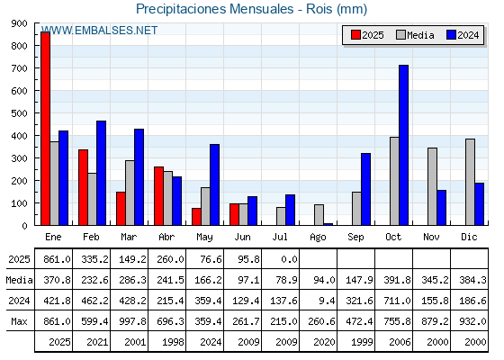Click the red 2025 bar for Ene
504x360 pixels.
[x=45, y=128]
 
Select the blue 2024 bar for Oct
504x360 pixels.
[x=404, y=145]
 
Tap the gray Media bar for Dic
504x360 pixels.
[x=470, y=182]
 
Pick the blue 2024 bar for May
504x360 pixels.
[x=215, y=184]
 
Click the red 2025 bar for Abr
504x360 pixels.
[x=158, y=196]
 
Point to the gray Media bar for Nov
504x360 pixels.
[x=432, y=186]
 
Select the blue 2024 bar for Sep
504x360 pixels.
[x=365, y=189]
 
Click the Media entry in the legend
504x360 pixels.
[x=415, y=35]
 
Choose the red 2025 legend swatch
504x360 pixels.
[x=355, y=35]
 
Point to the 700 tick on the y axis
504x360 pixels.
[x=19, y=68]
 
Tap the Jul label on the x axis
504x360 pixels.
[x=280, y=237]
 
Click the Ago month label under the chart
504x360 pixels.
[x=318, y=238]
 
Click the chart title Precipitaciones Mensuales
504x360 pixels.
[x=215, y=9]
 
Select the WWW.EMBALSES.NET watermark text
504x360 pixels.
[x=99, y=31]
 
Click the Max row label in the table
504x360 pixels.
[x=19, y=321]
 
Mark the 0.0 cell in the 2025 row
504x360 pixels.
[x=289, y=259]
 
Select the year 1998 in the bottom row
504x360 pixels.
[x=173, y=342]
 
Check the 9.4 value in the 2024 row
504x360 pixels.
[x=328, y=301]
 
